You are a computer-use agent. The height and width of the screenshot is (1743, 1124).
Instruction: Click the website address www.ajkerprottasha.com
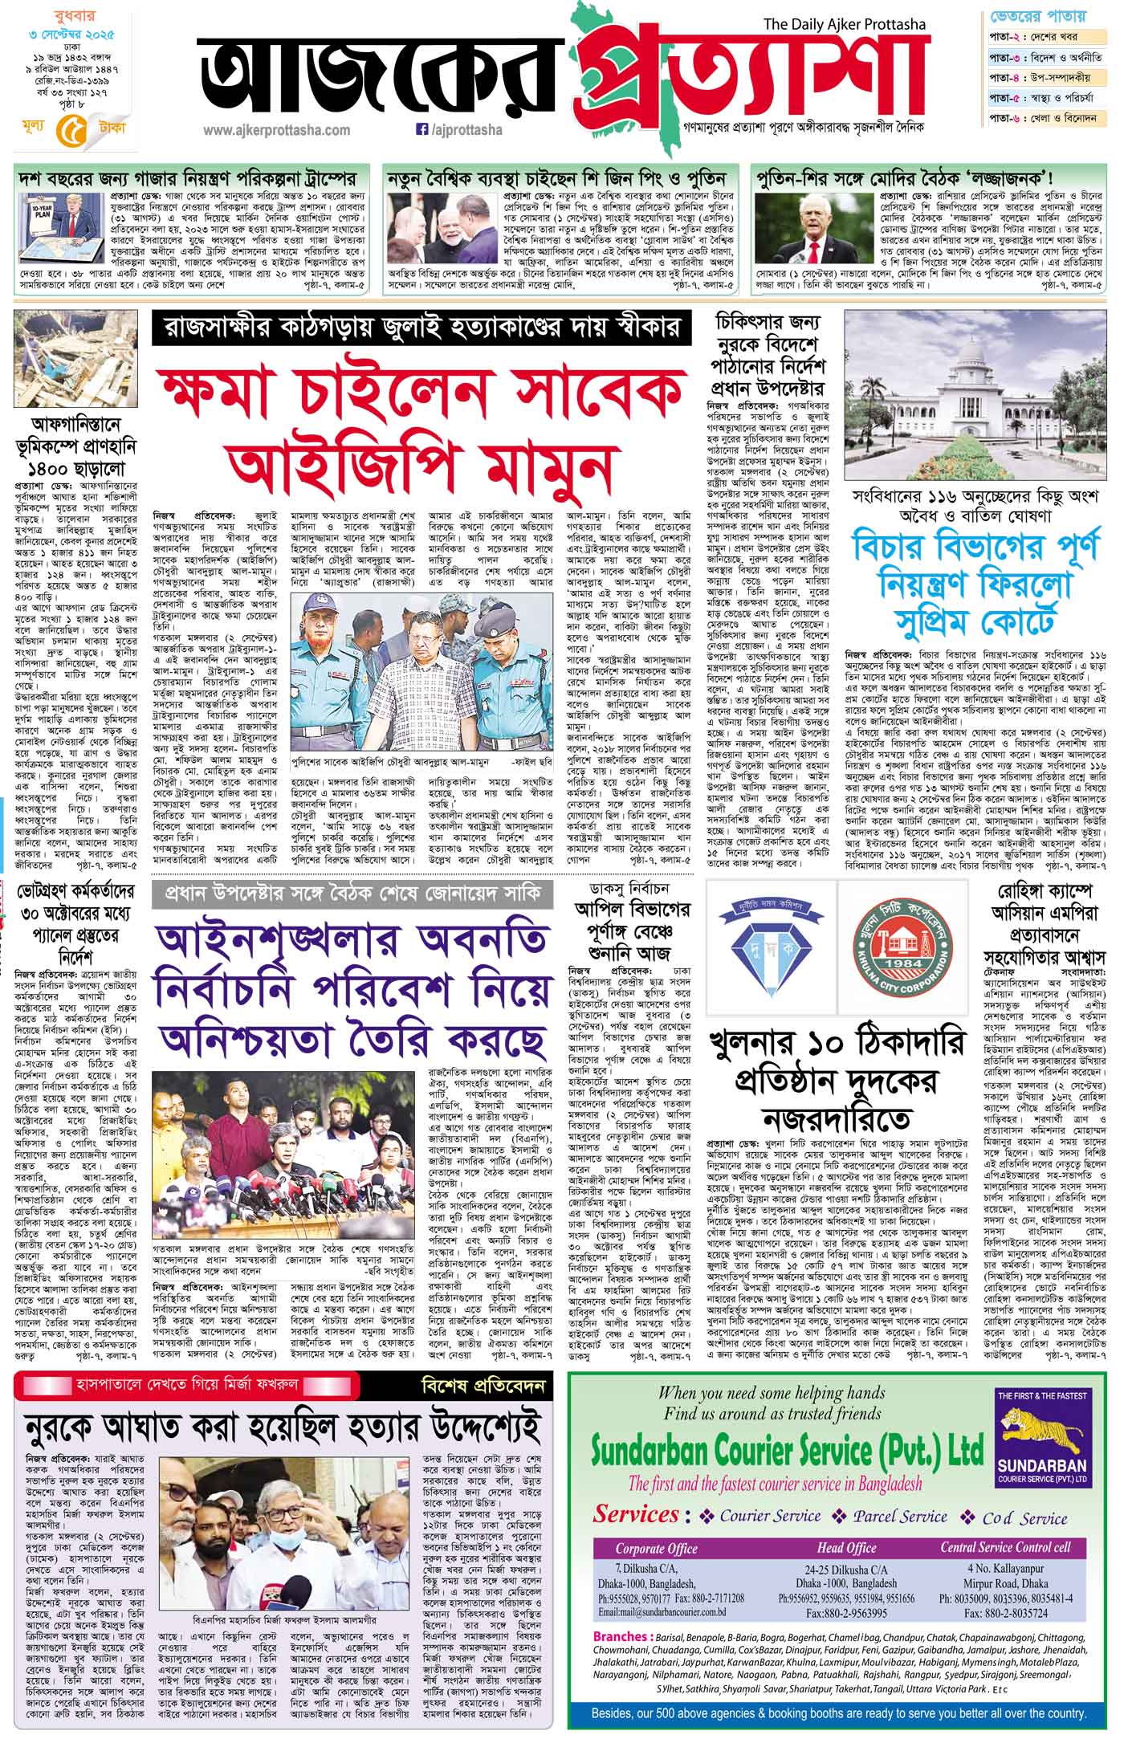tap(276, 130)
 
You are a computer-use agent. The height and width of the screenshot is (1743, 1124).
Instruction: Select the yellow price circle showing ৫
tap(68, 128)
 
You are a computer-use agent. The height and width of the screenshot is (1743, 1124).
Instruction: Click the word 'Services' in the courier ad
tap(637, 1514)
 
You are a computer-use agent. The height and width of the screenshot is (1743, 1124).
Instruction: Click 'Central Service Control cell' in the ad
tap(1005, 1548)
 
